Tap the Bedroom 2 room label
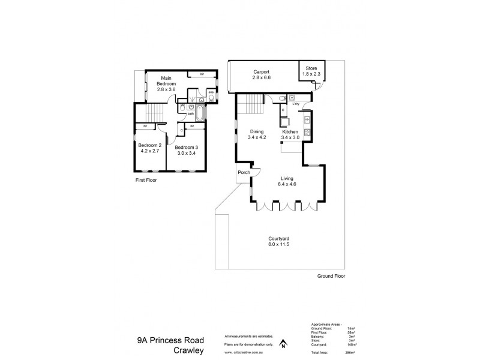(x=149, y=145)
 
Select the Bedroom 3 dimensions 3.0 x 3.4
(x=187, y=154)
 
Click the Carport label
(x=262, y=72)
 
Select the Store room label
(x=311, y=68)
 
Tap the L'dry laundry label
(x=296, y=104)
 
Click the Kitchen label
(x=290, y=131)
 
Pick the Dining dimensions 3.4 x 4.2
(x=257, y=137)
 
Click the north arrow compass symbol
(x=283, y=343)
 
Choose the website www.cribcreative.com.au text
(x=245, y=352)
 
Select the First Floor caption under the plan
(x=146, y=180)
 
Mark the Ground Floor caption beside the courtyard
(x=331, y=276)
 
